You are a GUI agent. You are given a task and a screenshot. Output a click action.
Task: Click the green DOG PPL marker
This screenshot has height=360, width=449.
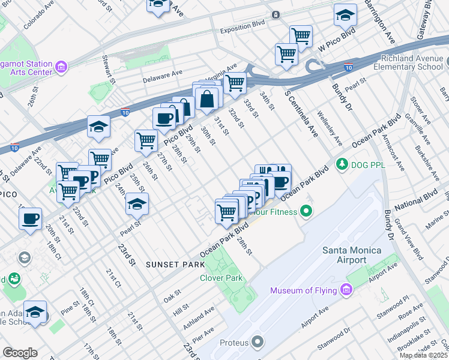342,163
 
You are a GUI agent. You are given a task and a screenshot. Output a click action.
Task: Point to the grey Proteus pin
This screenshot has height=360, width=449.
259,342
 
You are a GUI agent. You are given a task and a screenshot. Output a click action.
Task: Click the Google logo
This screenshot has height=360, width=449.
20,352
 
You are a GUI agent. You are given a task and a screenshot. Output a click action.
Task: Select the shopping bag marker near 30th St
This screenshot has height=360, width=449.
206,100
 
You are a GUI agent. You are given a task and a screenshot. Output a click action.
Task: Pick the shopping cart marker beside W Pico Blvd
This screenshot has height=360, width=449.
300,36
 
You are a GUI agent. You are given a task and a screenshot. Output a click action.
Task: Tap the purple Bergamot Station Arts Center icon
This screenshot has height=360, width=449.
61,66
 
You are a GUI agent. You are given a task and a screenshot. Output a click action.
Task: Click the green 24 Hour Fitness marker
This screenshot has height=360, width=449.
306,211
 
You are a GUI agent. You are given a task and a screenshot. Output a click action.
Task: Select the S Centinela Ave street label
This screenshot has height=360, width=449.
301,115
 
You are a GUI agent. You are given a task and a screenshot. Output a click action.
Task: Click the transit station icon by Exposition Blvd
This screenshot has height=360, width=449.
275,14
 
